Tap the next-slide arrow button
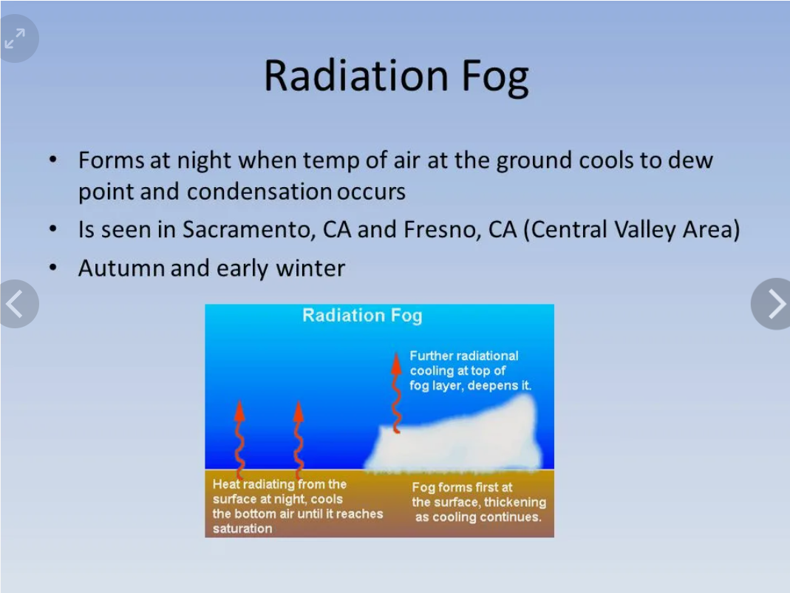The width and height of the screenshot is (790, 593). tap(771, 304)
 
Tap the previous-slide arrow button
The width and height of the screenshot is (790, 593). tap(18, 304)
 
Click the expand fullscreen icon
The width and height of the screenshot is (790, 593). tap(15, 38)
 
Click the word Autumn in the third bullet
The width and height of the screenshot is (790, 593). tap(121, 268)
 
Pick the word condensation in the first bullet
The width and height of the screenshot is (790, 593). tap(259, 192)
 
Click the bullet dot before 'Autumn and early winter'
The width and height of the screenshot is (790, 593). tap(53, 267)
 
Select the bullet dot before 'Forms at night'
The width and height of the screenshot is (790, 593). tap(53, 160)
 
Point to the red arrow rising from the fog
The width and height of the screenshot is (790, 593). tap(397, 393)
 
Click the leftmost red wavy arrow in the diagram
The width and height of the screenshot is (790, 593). tap(240, 438)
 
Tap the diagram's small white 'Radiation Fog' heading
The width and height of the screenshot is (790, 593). tap(362, 315)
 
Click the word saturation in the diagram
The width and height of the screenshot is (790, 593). tap(242, 529)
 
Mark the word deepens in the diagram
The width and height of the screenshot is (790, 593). tap(486, 386)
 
